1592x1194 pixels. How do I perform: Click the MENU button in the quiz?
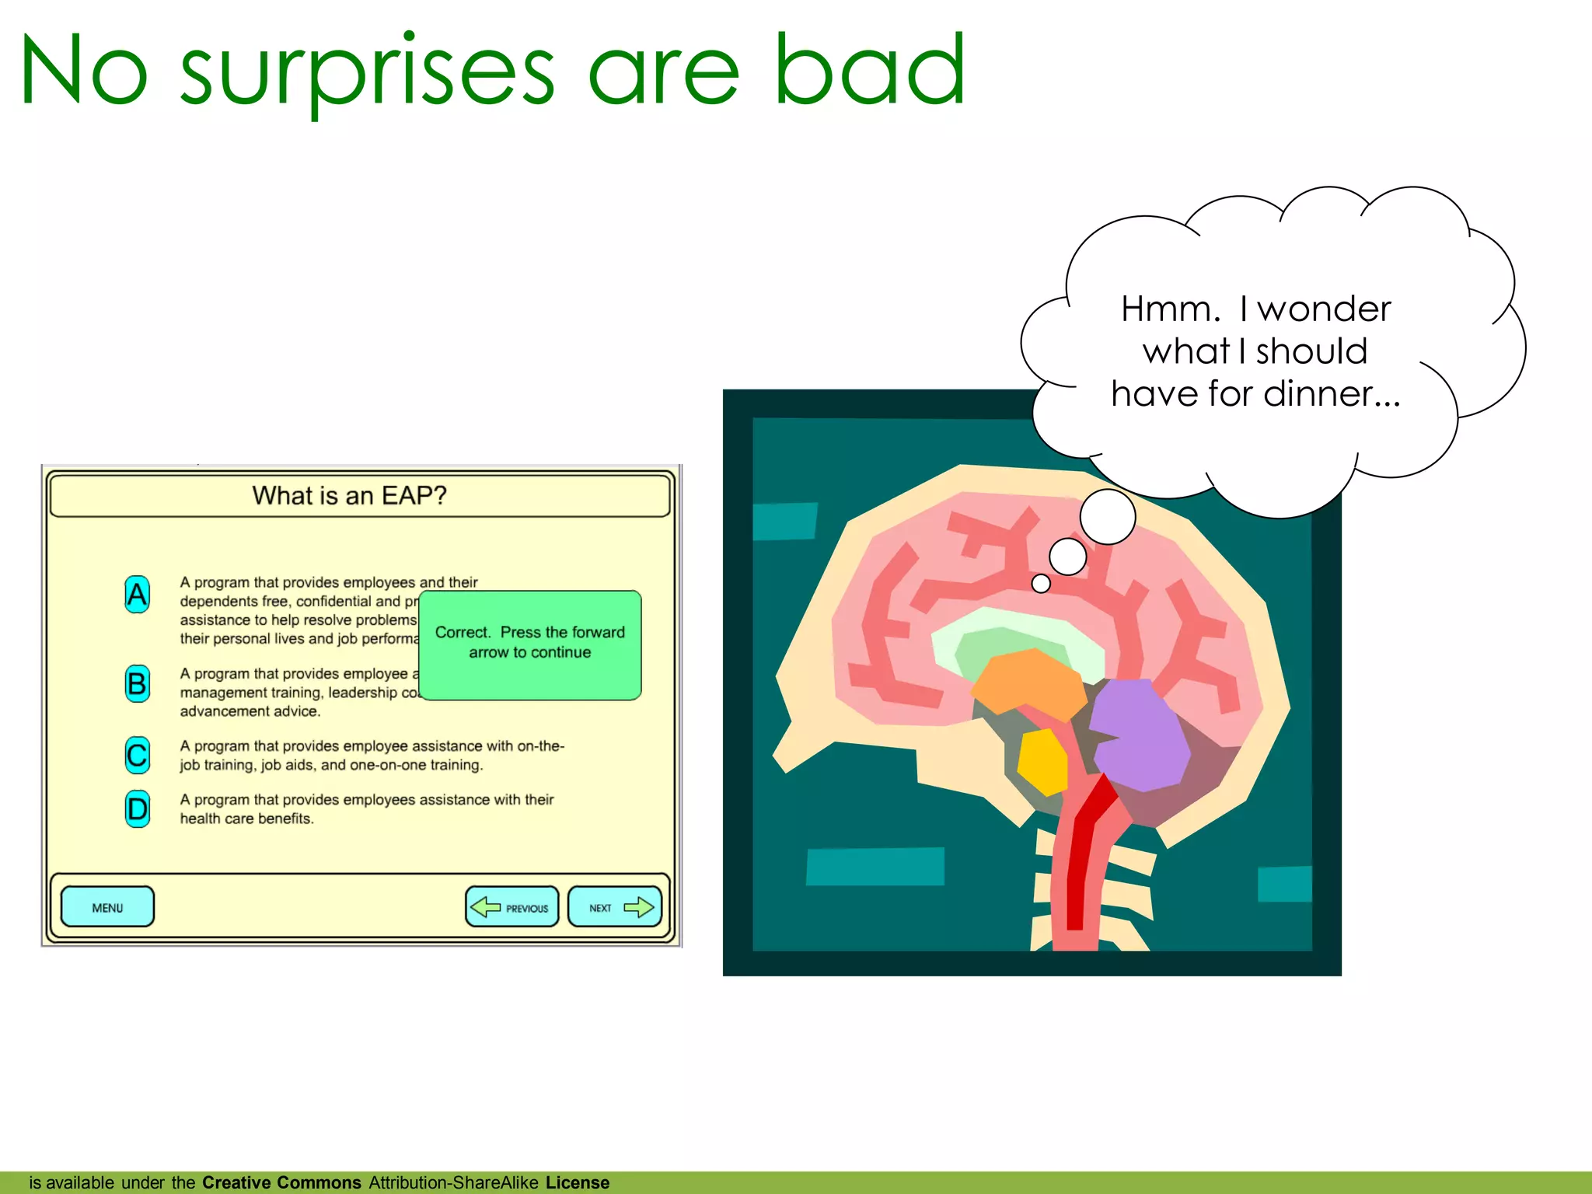(107, 907)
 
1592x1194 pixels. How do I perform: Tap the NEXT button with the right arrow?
(615, 907)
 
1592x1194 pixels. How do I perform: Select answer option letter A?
(137, 595)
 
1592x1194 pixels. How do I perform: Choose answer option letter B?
(137, 684)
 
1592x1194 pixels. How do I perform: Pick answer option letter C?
(137, 755)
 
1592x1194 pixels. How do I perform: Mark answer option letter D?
(137, 809)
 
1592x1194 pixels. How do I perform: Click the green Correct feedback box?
(530, 645)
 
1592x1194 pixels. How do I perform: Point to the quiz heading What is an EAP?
(349, 495)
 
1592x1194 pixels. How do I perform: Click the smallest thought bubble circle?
(1041, 583)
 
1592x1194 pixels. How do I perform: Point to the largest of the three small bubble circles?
(1108, 517)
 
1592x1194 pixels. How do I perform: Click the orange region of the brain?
(1026, 681)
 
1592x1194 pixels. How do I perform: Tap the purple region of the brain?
(1139, 735)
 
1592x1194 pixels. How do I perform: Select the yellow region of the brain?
(1042, 762)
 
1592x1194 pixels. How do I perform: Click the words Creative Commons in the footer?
(281, 1182)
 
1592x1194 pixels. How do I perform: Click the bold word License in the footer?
(578, 1182)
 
